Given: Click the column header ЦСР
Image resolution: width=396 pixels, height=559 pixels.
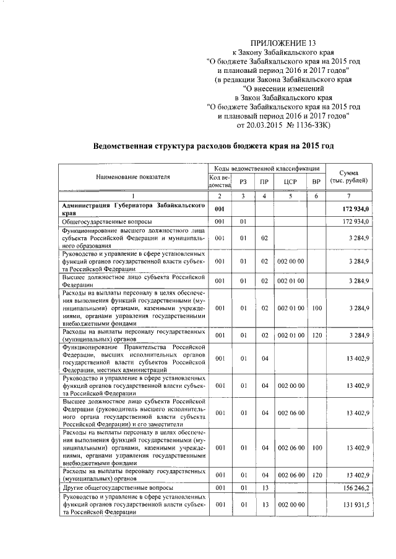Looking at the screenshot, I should coord(291,182).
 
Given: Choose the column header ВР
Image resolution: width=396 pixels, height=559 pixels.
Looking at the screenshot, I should coord(316,182).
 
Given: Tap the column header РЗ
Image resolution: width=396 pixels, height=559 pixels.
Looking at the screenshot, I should coord(243,182).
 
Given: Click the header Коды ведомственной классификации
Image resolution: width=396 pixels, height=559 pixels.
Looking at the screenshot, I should coord(266,168).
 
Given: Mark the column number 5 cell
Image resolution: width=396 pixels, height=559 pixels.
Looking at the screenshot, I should coord(291,196).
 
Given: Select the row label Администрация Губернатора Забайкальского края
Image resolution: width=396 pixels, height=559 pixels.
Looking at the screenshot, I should coord(132,209).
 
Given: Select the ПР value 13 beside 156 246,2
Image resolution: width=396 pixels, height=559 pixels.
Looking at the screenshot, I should coord(264,487).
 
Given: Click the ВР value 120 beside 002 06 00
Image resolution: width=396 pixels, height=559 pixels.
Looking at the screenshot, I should coord(316,474).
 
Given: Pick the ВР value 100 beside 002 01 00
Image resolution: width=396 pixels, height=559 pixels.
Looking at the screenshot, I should coord(316,308).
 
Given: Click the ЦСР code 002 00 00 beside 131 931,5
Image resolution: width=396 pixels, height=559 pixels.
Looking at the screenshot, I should coord(291,505).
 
